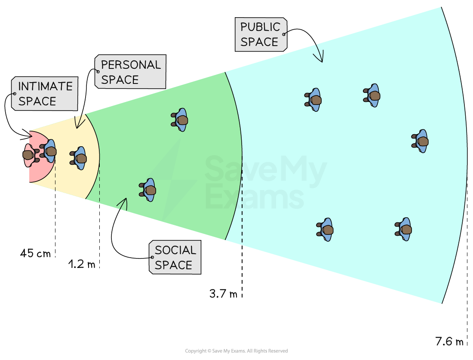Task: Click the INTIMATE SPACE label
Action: click(45, 94)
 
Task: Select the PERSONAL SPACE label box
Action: click(130, 72)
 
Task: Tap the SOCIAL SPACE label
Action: click(175, 257)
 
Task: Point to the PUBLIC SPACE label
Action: click(261, 34)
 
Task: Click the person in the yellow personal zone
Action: click(79, 158)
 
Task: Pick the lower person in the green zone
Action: click(148, 190)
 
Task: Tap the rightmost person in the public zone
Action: click(421, 141)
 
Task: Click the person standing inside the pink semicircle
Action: click(29, 155)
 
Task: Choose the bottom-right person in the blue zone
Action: click(404, 229)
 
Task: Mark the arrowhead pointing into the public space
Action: click(319, 55)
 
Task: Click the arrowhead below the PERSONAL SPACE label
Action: click(80, 121)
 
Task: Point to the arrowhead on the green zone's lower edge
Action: click(123, 204)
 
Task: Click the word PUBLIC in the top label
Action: click(260, 27)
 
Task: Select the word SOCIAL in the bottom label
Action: click(175, 250)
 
